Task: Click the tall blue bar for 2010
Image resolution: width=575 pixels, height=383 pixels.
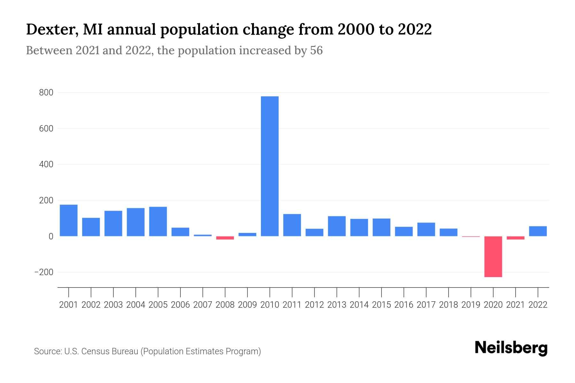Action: [x=270, y=166]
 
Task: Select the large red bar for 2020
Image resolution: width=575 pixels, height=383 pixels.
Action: [x=493, y=257]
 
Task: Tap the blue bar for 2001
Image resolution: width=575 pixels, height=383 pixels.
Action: [x=69, y=220]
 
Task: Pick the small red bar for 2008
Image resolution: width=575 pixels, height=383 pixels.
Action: [x=225, y=238]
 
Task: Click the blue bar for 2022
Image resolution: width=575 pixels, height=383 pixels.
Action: [x=538, y=231]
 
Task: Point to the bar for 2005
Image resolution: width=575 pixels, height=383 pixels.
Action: [x=158, y=222]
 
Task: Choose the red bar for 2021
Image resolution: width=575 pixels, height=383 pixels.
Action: [x=515, y=238]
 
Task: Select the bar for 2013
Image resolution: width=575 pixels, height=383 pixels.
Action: [x=337, y=226]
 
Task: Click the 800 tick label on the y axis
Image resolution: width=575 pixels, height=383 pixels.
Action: [x=46, y=93]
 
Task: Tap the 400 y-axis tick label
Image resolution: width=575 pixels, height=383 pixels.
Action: [x=46, y=165]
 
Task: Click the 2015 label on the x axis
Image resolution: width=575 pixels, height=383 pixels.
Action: [x=381, y=305]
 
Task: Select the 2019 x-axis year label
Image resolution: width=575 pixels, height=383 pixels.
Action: [x=471, y=305]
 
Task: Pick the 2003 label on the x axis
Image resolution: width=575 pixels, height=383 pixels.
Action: [x=113, y=305]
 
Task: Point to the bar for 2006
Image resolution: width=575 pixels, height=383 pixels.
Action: [x=180, y=232]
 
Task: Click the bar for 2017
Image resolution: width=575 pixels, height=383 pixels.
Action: [x=426, y=229]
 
